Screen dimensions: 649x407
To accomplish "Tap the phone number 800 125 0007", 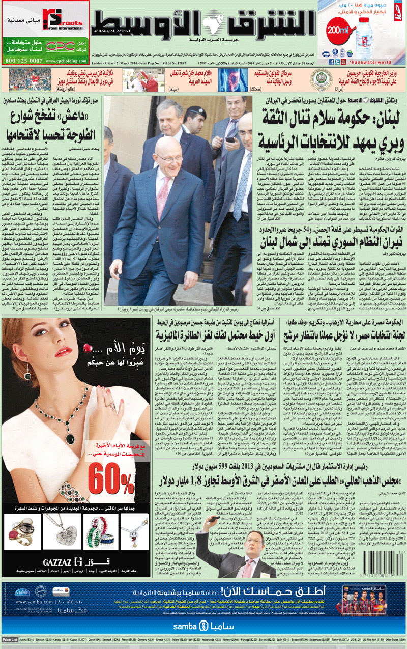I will coord(23,60).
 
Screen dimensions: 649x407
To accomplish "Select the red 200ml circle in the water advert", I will coord(338,30).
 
